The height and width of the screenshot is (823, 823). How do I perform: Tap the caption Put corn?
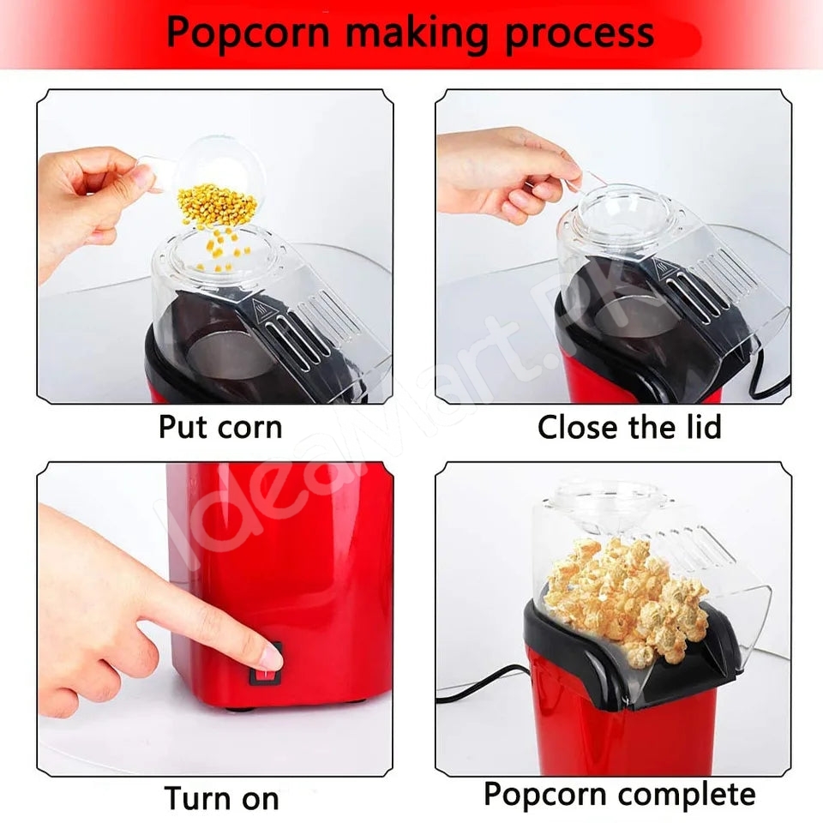point(220,427)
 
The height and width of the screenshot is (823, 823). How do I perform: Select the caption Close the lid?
point(629,427)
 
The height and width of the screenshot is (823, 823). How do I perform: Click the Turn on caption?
point(221,797)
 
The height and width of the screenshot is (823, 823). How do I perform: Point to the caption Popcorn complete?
point(619,794)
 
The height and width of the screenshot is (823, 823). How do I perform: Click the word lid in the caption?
point(699,427)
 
